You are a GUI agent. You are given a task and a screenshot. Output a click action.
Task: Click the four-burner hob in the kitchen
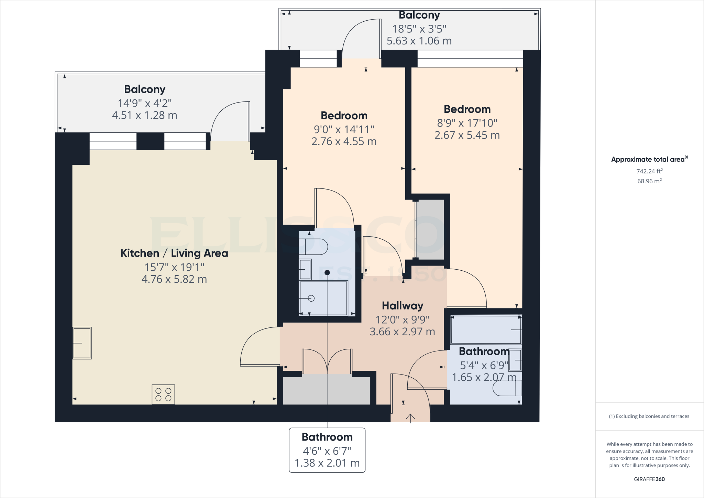(163, 394)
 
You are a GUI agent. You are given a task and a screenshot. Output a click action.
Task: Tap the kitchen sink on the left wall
(82, 343)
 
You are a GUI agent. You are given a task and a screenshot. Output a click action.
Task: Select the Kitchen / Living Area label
(174, 253)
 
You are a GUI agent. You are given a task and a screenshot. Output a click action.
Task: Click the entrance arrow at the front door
(410, 418)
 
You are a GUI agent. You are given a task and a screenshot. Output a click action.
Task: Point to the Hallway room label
(402, 306)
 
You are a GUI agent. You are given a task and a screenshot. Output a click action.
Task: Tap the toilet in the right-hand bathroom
(507, 389)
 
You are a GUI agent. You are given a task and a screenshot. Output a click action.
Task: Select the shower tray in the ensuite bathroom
(323, 298)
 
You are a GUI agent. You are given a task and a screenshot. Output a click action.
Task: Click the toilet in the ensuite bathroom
(313, 247)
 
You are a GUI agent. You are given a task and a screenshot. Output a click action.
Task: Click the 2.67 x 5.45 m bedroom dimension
(467, 135)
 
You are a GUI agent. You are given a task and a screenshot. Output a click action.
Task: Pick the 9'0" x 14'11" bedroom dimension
(344, 129)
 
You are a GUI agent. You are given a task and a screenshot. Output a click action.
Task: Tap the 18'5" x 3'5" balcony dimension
(419, 29)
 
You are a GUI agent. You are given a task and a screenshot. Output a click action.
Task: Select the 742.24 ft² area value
(649, 171)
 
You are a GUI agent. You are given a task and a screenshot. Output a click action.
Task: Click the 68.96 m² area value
(649, 181)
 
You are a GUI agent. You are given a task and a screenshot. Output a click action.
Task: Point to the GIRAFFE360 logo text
(649, 479)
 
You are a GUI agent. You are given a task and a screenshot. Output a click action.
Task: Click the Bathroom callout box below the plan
(327, 450)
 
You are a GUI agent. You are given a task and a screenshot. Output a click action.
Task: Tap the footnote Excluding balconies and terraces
(649, 416)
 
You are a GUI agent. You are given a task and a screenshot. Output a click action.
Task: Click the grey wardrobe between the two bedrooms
(430, 229)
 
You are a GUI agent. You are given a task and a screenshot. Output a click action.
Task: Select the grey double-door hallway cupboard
(326, 391)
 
